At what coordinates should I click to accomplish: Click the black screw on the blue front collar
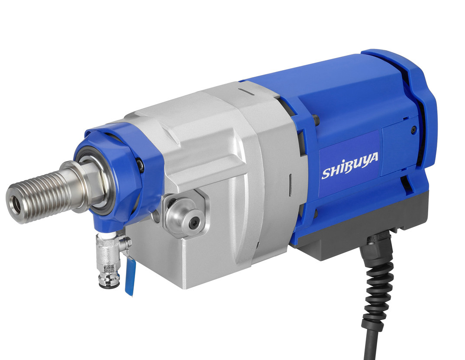tap(140, 163)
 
